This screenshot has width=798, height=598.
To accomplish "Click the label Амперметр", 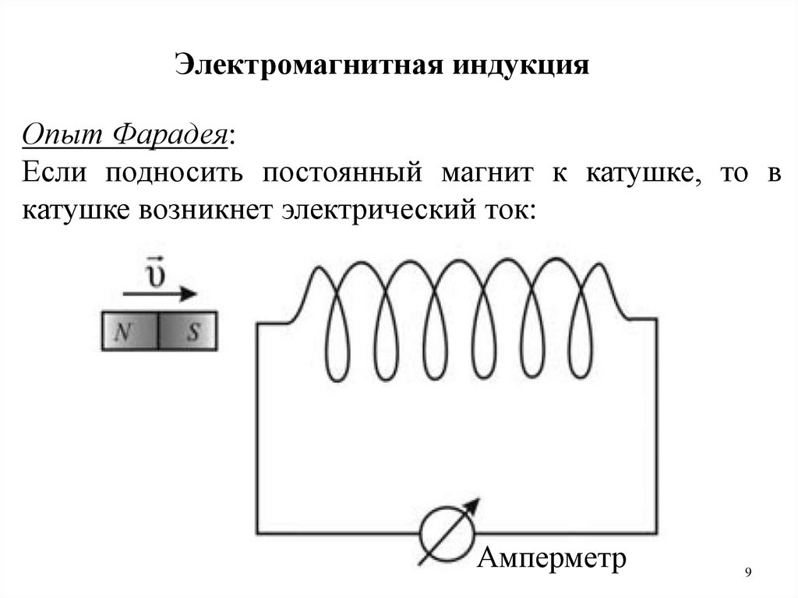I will click(552, 559).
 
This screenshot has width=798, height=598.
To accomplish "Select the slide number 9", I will click(748, 573).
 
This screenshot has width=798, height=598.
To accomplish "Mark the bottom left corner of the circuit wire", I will click(258, 533).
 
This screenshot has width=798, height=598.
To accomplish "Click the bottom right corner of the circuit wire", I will click(655, 533).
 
